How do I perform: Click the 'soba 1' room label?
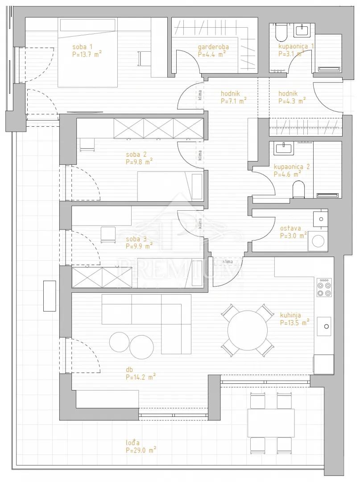click(83, 47)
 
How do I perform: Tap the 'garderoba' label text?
click(213, 47)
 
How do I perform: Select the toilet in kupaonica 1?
click(281, 33)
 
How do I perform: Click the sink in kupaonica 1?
click(302, 30)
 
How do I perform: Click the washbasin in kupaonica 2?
click(283, 148)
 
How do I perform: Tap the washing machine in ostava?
click(318, 241)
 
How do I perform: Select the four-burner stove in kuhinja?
click(324, 287)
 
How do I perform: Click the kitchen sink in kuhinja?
click(324, 326)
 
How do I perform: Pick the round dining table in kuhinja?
click(247, 330)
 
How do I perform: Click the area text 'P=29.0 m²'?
click(141, 450)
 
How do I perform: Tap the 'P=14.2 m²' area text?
click(141, 377)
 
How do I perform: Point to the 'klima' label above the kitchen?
click(228, 262)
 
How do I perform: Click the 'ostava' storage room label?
click(290, 229)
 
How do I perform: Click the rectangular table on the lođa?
click(271, 423)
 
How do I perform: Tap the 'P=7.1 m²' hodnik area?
click(234, 101)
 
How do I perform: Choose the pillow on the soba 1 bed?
click(88, 25)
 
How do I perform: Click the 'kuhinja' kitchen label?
click(290, 315)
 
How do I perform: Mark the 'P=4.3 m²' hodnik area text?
click(292, 101)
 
